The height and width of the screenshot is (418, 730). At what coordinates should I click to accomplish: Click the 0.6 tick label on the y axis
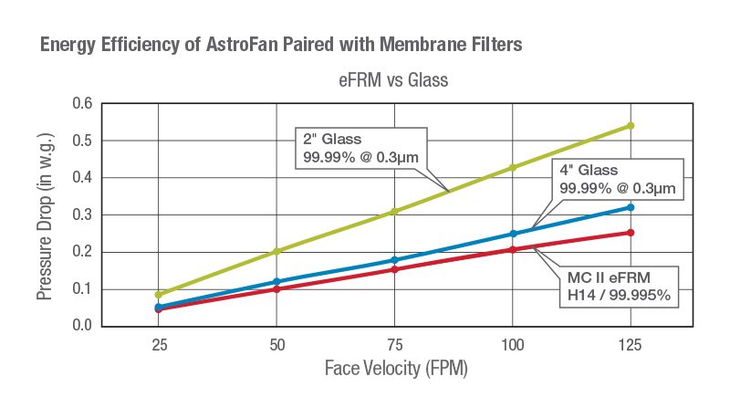[83, 104]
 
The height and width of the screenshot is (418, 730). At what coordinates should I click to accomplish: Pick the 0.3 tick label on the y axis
[83, 215]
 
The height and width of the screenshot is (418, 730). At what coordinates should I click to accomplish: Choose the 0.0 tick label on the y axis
[83, 326]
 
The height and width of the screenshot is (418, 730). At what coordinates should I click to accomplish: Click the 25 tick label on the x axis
[159, 345]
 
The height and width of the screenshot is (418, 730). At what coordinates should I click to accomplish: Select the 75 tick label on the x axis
[394, 345]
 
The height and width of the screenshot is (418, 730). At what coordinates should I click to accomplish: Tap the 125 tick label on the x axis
[630, 345]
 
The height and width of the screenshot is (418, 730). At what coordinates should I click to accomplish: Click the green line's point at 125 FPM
[630, 126]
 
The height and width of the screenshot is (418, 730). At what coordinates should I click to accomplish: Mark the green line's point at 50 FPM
[276, 251]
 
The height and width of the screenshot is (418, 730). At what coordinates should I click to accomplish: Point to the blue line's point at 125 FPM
[630, 207]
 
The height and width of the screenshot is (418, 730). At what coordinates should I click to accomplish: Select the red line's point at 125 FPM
[630, 233]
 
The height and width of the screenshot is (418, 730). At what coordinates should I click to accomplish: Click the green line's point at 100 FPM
[512, 168]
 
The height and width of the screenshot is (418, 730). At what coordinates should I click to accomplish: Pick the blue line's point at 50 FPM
[276, 281]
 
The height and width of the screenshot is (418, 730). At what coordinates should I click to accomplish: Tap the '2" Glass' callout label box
[360, 149]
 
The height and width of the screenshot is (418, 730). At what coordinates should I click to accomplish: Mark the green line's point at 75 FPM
[394, 212]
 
